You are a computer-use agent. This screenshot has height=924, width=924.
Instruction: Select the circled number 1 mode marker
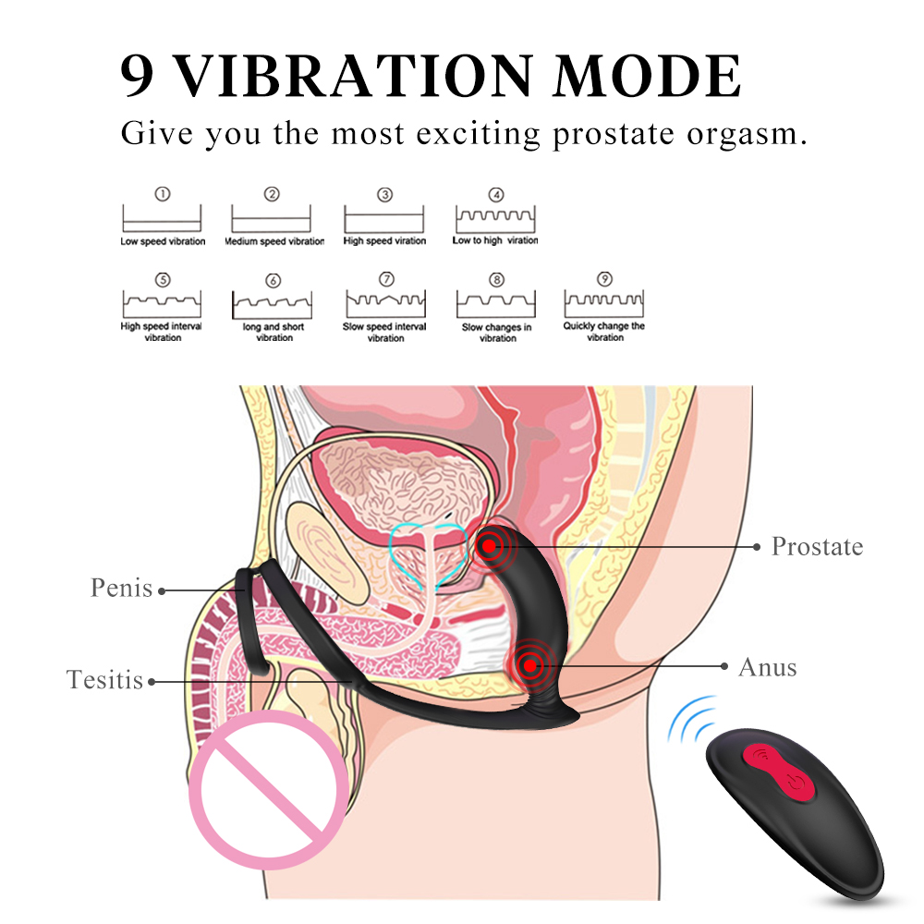162,195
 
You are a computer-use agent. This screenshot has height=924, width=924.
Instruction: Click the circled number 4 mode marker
496,195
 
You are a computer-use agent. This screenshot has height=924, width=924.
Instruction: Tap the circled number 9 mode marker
605,278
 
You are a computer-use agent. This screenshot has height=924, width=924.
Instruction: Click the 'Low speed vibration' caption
163,242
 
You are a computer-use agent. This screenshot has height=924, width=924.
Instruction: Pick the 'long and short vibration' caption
274,332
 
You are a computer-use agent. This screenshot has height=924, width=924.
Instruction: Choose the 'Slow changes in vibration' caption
497,333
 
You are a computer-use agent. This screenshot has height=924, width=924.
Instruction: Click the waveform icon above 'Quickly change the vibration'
604,304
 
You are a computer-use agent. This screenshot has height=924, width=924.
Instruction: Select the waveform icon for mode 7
385,304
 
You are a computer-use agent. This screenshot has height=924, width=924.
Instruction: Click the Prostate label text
817,546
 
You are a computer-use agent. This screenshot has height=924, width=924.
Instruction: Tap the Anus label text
767,667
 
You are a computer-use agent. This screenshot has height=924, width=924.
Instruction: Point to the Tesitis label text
104,681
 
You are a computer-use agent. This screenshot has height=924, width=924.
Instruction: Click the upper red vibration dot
487,546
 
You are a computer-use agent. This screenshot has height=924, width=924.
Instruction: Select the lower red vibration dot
529,663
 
